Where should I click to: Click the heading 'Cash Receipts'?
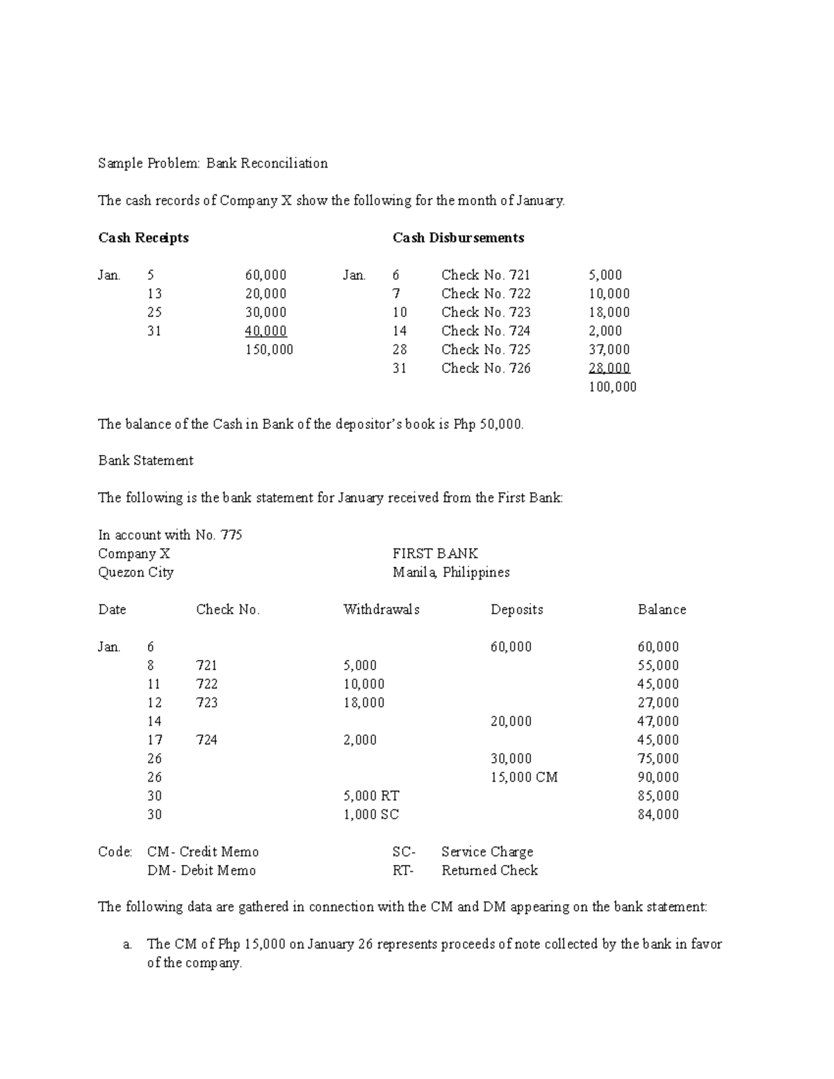pos(143,238)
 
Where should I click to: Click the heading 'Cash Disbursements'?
pos(458,238)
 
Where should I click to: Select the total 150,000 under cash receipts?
pos(269,349)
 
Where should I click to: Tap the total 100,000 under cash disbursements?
pos(612,387)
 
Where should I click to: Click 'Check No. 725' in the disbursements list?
pos(485,349)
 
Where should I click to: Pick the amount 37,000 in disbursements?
pos(609,349)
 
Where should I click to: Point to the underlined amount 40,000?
pos(265,331)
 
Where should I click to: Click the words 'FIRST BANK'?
pos(435,554)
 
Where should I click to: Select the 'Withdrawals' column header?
pos(381,609)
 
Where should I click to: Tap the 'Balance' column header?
pos(662,609)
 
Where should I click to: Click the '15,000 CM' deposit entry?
pos(524,777)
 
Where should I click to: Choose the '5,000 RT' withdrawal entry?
pos(371,796)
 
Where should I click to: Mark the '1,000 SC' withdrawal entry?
pos(371,814)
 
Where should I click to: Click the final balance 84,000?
pos(658,814)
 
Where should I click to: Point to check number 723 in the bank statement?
pos(206,702)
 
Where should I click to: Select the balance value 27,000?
pos(658,702)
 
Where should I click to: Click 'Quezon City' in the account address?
pos(136,573)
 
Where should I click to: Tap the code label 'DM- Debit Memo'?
pos(202,871)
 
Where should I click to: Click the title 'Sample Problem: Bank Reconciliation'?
pos(213,163)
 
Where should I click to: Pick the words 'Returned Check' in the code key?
pos(489,871)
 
